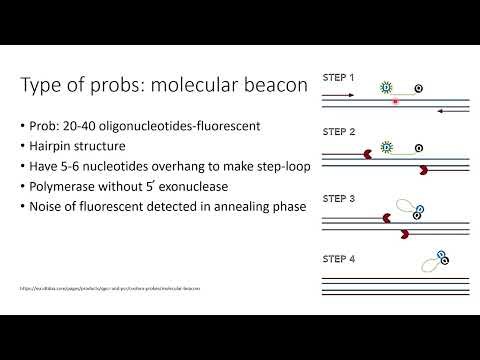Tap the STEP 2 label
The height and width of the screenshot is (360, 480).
[x=338, y=131]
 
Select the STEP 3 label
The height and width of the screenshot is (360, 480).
[x=338, y=186]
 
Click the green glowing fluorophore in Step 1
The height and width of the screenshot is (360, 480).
[x=387, y=88]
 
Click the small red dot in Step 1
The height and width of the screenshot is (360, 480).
[x=396, y=101]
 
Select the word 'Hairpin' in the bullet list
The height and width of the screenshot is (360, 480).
[x=58, y=147]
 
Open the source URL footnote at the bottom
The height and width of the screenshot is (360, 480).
[x=110, y=287]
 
